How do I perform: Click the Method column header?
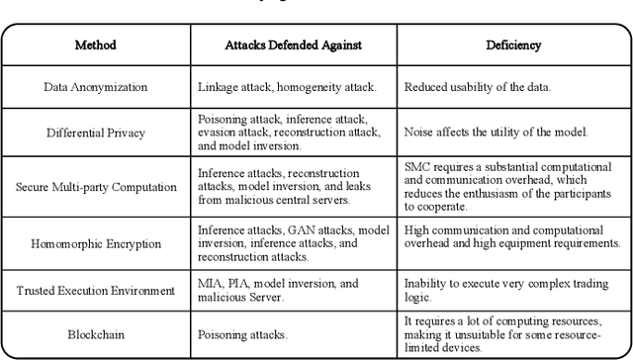click(96, 45)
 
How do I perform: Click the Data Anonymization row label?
click(96, 87)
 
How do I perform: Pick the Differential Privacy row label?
click(96, 131)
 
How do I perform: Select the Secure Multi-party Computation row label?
click(96, 185)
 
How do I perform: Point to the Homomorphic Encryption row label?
click(96, 241)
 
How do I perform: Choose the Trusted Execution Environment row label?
click(96, 290)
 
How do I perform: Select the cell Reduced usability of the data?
click(479, 87)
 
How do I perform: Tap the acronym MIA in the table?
click(211, 284)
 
